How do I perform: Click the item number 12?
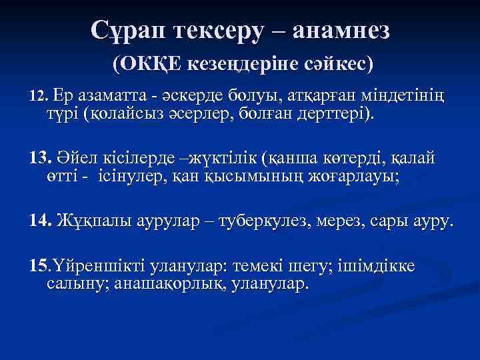coord(39,97)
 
